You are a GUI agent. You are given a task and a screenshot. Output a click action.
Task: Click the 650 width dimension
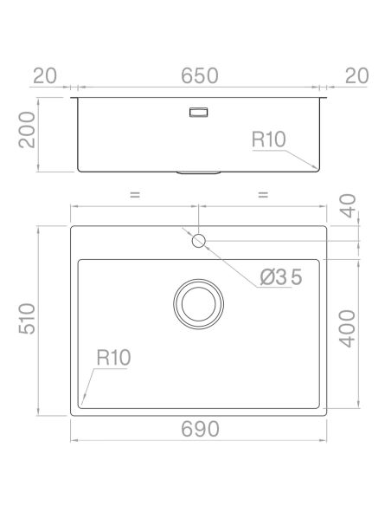tap(199, 76)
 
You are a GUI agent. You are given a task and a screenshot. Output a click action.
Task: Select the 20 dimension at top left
tap(45, 76)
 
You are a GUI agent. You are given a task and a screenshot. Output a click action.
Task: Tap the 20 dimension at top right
tap(356, 76)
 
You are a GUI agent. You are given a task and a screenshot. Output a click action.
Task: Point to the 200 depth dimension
tap(27, 130)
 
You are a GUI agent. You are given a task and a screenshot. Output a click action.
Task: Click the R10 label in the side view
tap(269, 139)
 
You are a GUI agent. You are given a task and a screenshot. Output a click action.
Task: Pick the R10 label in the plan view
tap(113, 358)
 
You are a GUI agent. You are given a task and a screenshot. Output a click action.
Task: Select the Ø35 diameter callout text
tap(281, 277)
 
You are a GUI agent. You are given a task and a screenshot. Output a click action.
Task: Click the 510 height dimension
tap(27, 319)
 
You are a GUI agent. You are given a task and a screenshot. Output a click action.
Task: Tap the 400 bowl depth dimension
tap(348, 329)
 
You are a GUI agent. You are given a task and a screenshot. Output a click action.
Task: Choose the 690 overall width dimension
tap(200, 429)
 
